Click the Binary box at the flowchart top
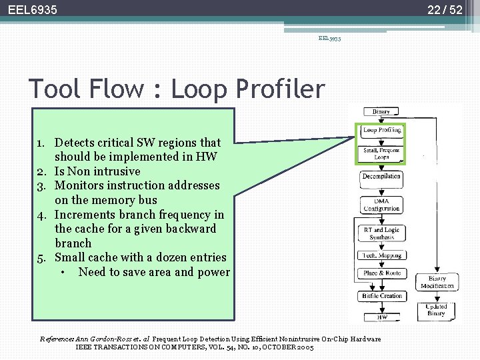tap(381, 111)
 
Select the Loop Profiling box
tap(381, 131)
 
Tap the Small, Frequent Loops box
tap(381, 153)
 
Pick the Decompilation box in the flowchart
tap(381, 176)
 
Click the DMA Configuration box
tap(381, 205)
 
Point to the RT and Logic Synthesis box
tap(381, 233)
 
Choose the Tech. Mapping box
tap(381, 255)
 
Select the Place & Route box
tap(381, 273)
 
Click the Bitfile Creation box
tap(381, 296)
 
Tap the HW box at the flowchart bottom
tap(381, 317)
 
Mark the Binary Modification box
tap(437, 282)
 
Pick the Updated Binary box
tap(437, 310)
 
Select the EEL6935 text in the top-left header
tap(33, 10)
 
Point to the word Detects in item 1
tap(75, 142)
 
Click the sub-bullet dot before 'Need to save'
tap(61, 272)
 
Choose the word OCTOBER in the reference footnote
tap(279, 347)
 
